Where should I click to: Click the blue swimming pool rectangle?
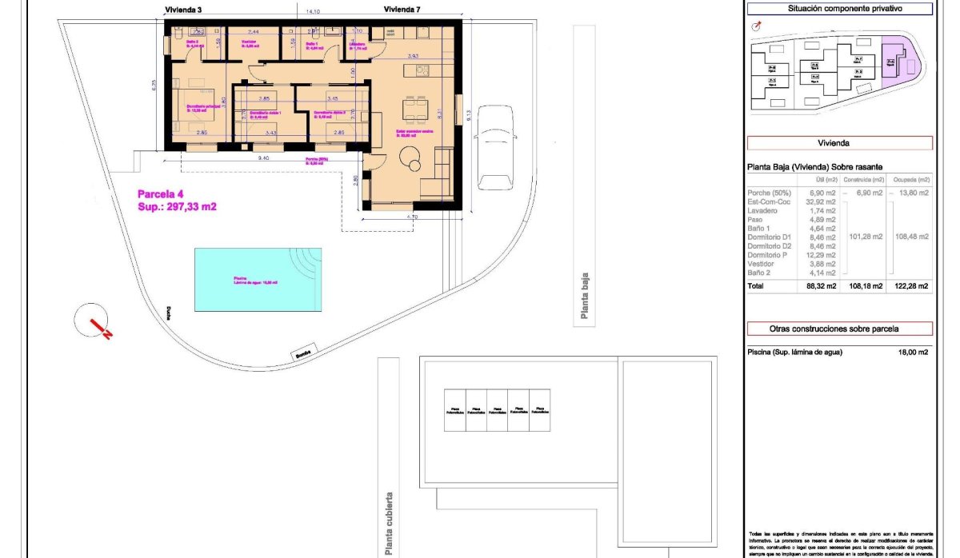(x=258, y=280)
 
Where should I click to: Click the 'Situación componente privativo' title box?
(x=839, y=9)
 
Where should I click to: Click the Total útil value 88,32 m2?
(x=820, y=286)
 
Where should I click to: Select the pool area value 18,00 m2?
(x=912, y=352)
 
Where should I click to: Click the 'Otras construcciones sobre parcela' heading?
(x=839, y=329)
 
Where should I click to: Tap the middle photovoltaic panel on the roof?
(x=497, y=409)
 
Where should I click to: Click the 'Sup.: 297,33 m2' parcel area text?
(x=178, y=206)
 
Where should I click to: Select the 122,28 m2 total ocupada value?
(x=912, y=286)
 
